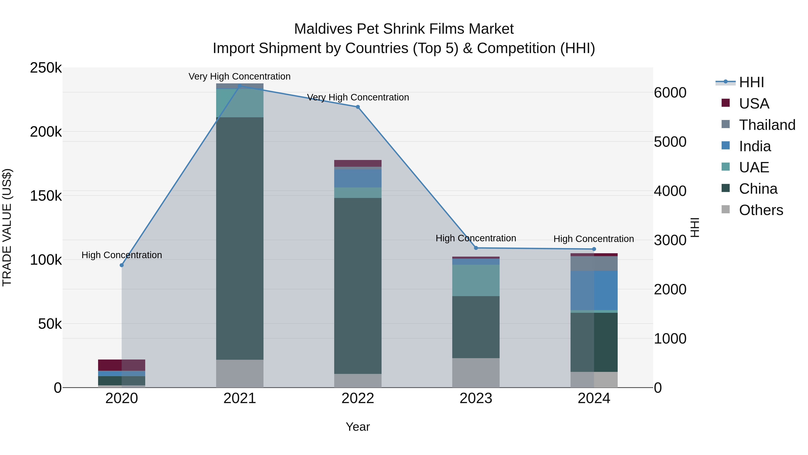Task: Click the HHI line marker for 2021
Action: [x=240, y=86]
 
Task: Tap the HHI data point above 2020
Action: [x=122, y=265]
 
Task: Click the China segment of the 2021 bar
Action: [x=240, y=239]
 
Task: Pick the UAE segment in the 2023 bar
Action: [x=476, y=280]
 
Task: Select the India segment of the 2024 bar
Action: [x=594, y=291]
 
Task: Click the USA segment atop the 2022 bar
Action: [x=358, y=163]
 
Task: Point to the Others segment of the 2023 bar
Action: [x=476, y=373]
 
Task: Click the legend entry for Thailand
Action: [x=767, y=125]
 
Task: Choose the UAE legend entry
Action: [x=754, y=167]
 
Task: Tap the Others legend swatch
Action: [x=725, y=209]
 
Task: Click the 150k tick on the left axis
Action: [x=46, y=196]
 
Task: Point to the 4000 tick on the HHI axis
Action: [x=670, y=191]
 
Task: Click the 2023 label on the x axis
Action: [x=476, y=398]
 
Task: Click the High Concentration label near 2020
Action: [x=122, y=255]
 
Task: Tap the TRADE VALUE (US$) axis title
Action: [x=7, y=227]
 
